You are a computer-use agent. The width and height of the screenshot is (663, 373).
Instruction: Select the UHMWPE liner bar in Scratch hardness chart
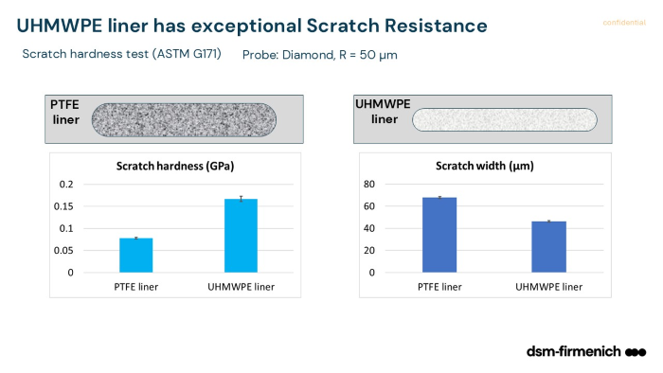click(x=241, y=236)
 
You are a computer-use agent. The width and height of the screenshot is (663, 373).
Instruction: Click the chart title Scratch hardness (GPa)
click(x=174, y=166)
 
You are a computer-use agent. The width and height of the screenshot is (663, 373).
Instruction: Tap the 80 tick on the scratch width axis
click(x=370, y=185)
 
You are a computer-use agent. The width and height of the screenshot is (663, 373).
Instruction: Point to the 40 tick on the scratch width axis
click(x=370, y=228)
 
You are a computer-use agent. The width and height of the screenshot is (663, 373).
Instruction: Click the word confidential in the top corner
click(x=622, y=23)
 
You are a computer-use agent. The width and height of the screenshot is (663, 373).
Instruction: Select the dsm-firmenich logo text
click(x=573, y=352)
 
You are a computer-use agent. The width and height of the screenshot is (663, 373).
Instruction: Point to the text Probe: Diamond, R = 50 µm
click(x=319, y=54)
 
